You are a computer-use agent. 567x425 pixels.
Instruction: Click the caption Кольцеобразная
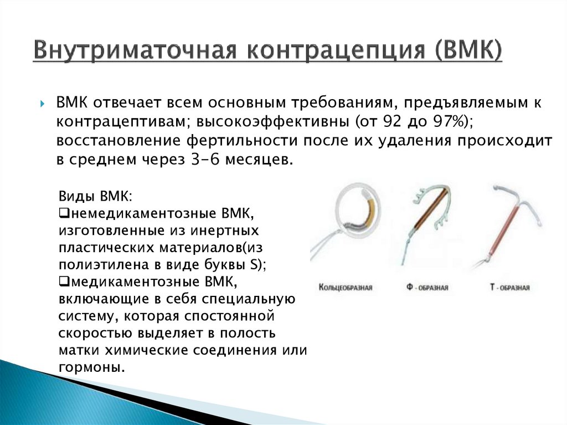tap(346, 288)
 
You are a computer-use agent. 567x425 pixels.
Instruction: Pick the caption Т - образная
tap(509, 288)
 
